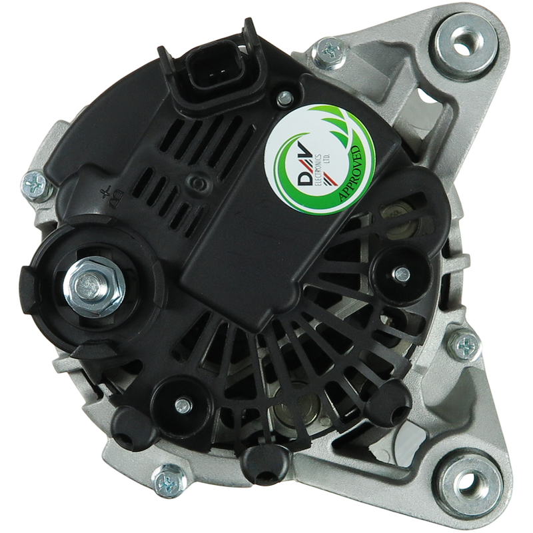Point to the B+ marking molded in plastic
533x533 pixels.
112,196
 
